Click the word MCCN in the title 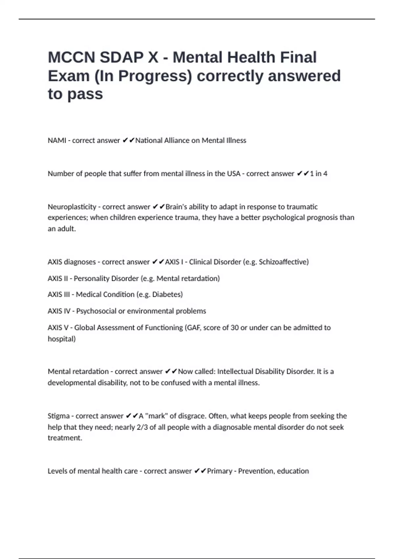[71, 58]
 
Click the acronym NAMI [57, 140]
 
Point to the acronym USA [233, 174]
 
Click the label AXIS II [58, 279]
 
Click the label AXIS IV [59, 311]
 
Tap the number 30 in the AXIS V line [234, 328]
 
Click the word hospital [61, 339]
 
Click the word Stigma [59, 416]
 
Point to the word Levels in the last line [57, 471]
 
